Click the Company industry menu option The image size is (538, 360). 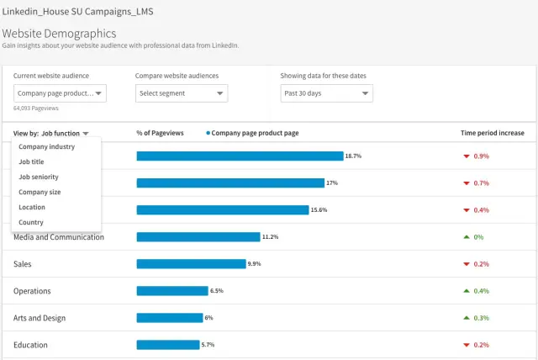46,147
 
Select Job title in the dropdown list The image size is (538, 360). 32,162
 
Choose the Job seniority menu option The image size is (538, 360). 39,177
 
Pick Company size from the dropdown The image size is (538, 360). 40,193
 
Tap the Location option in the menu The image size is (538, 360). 32,208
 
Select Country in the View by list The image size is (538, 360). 31,223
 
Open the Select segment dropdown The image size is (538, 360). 181,93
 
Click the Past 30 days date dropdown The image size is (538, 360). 326,93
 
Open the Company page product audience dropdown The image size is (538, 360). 60,93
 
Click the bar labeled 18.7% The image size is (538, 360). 240,156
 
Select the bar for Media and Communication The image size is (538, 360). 198,237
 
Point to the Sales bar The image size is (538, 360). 191,264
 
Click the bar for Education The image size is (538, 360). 168,345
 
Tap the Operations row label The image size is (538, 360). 33,291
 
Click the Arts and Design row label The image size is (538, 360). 40,318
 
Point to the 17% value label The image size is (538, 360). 332,183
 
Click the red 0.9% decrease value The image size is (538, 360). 481,156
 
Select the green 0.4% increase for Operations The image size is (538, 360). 481,291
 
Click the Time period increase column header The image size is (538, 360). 492,133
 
